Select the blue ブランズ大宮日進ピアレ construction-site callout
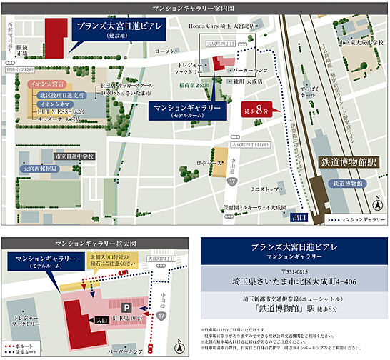click(119, 29)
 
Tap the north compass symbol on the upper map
click(376, 205)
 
